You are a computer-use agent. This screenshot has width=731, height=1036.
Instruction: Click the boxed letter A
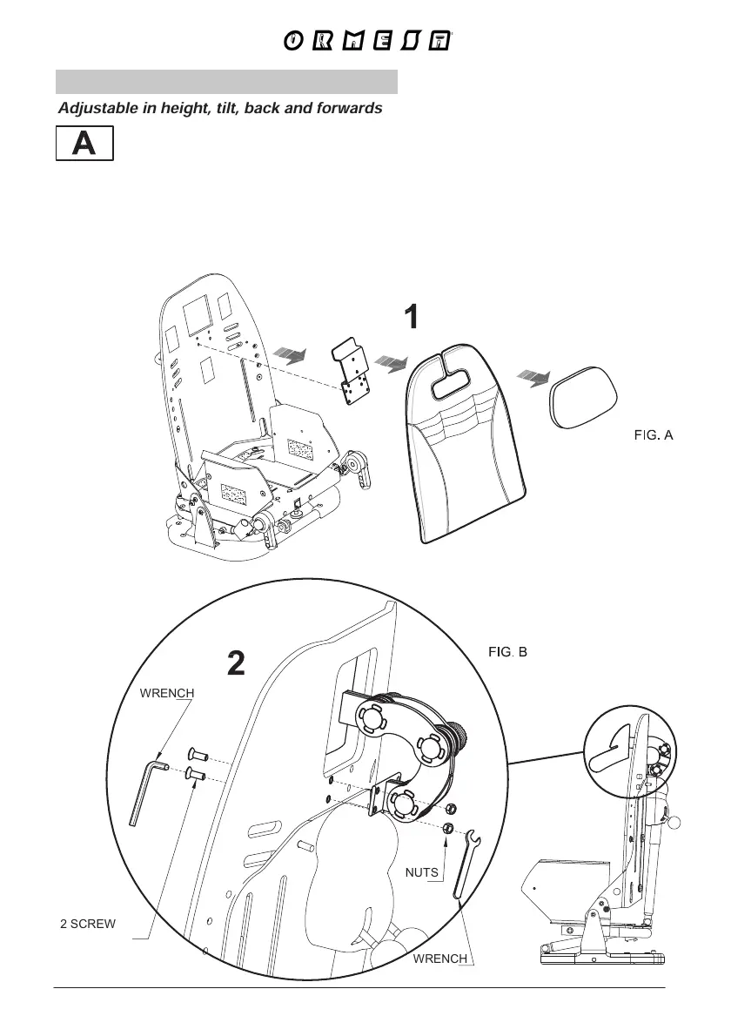[x=84, y=144]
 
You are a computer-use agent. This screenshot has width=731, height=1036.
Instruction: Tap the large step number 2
[x=236, y=665]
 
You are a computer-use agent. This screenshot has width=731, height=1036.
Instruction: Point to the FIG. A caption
[x=653, y=434]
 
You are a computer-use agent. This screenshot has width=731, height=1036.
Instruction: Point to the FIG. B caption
[x=506, y=651]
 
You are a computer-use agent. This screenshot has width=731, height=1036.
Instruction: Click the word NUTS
[x=421, y=871]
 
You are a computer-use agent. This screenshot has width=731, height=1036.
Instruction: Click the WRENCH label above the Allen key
[x=165, y=693]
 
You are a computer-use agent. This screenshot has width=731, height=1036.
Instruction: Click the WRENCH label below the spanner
[x=439, y=959]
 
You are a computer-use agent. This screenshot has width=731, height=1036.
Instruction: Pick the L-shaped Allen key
[x=146, y=788]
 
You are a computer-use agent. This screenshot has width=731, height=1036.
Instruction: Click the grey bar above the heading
[x=227, y=82]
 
